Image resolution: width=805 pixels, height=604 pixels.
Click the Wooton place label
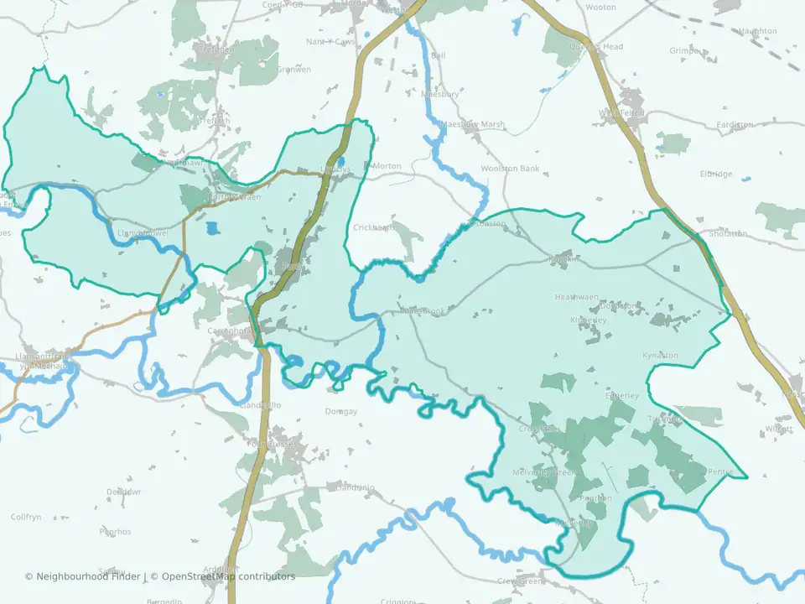(x=600, y=7)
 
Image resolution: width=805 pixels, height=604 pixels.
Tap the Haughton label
(x=757, y=31)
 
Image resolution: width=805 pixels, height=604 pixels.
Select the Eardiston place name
(x=735, y=125)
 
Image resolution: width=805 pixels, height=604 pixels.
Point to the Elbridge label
(x=715, y=174)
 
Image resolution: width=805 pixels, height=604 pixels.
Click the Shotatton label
(x=727, y=233)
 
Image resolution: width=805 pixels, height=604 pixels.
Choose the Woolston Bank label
(x=510, y=169)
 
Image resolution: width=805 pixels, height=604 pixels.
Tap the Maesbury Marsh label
(x=473, y=124)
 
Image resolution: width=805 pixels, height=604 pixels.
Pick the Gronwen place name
(x=293, y=70)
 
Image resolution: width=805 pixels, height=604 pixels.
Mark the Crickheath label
(x=373, y=227)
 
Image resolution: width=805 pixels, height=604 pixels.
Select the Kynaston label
(x=660, y=356)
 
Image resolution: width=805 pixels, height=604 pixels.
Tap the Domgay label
(x=341, y=412)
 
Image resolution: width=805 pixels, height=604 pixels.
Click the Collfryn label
(x=26, y=517)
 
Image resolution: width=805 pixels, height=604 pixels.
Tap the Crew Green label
(x=521, y=581)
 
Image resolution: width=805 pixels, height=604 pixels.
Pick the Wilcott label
(x=779, y=429)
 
